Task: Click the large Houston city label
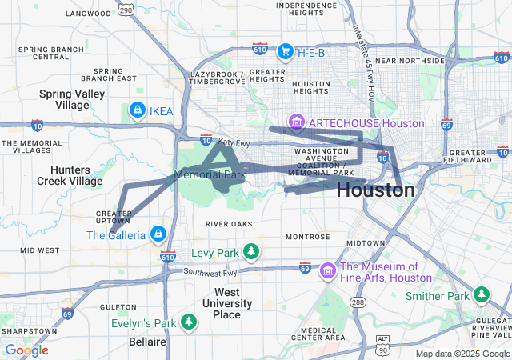pos(375,190)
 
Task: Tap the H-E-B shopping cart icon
pos(285,52)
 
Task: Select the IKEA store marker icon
pos(137,110)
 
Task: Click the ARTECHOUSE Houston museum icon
pos(296,122)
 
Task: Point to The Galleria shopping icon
pos(158,234)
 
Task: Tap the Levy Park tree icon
pos(251,254)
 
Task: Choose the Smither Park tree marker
pos(481,295)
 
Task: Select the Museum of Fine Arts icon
pos(327,272)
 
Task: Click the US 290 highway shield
pos(125,9)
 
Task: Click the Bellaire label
pos(148,342)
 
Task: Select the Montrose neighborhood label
pos(308,237)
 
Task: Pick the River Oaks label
pos(228,223)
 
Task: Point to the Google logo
pos(26,350)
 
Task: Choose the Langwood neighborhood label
pos(89,14)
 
